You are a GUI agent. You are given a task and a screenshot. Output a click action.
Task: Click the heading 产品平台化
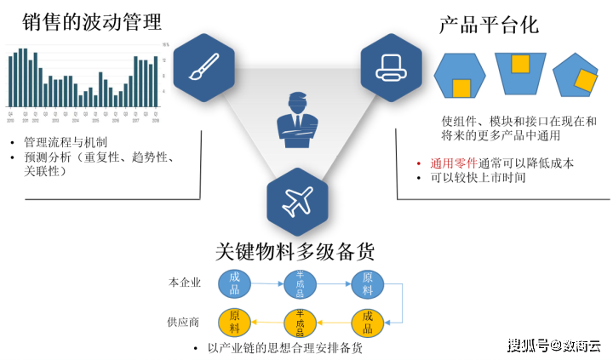click(489, 24)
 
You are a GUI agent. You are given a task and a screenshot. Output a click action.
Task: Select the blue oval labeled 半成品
click(300, 282)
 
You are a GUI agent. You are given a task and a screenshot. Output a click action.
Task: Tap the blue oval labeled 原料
click(367, 282)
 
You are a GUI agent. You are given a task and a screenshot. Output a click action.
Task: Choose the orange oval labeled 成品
click(367, 322)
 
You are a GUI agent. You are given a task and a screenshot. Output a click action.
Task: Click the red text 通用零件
click(454, 163)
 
